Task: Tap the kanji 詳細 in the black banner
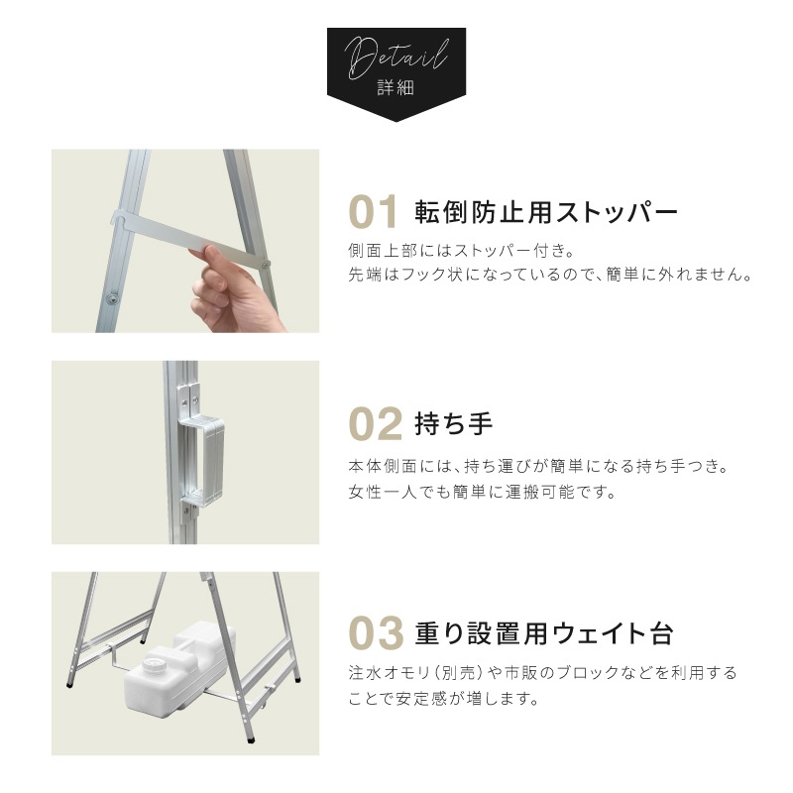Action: tap(396, 87)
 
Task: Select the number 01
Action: tap(374, 212)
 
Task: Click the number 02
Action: tap(376, 424)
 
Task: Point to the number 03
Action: tap(377, 632)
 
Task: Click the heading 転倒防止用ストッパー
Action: tap(546, 212)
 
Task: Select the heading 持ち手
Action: tap(453, 423)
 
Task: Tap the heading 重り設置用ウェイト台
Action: tap(543, 632)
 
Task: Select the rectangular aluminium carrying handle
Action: tap(202, 458)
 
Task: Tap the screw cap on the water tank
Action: tap(152, 666)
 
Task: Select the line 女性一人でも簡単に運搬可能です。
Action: tap(482, 491)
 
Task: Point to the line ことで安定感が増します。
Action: tap(443, 699)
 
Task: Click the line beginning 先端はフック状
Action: tap(550, 275)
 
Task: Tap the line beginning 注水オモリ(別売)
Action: tap(542, 673)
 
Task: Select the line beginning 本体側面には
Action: tap(537, 466)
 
